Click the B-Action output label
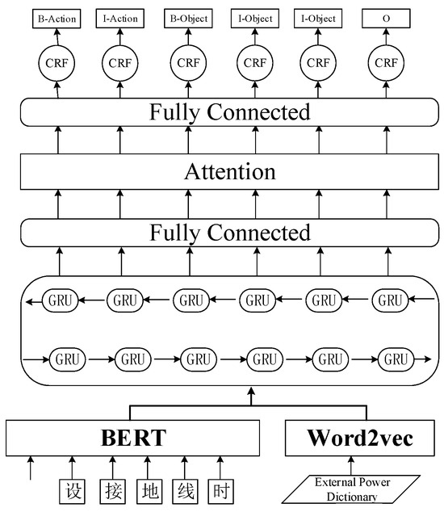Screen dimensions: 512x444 tap(57, 18)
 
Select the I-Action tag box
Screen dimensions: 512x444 tap(121, 18)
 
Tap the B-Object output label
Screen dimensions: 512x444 tap(188, 18)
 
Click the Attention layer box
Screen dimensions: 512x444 tap(229, 172)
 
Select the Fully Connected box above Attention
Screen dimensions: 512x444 tap(229, 111)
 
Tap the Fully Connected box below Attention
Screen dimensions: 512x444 tap(229, 233)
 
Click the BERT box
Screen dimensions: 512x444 tap(133, 438)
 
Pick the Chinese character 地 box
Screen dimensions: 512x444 tap(147, 490)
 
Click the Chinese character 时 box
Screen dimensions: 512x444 tap(222, 490)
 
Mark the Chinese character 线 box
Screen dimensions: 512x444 tap(184, 490)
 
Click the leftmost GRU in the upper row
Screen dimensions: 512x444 tap(59, 300)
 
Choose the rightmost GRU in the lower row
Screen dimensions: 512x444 tap(393, 357)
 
